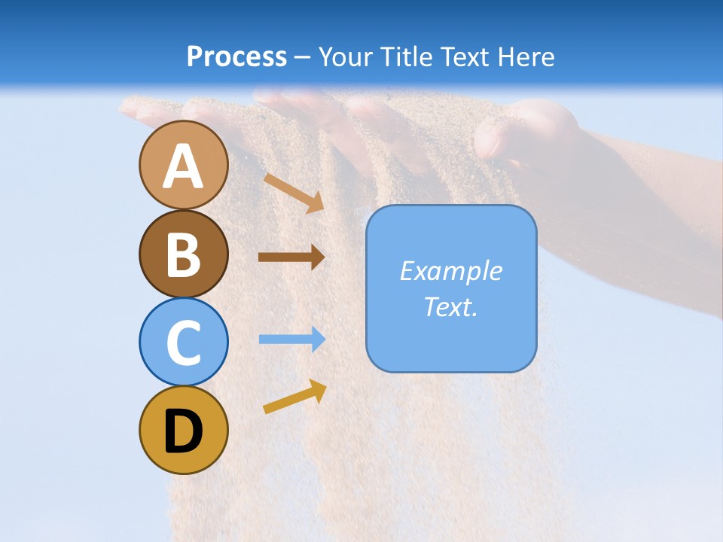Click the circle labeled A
pos(183,165)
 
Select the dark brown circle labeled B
pos(183,254)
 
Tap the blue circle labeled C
pos(183,342)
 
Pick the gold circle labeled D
pos(183,430)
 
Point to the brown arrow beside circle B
pos(291,257)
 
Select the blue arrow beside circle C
pos(291,339)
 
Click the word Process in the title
pos(236,56)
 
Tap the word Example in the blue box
pos(450,271)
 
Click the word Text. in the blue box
pos(450,306)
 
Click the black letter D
pos(183,431)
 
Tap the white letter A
pos(183,166)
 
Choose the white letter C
pos(183,343)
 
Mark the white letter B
pos(183,255)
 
